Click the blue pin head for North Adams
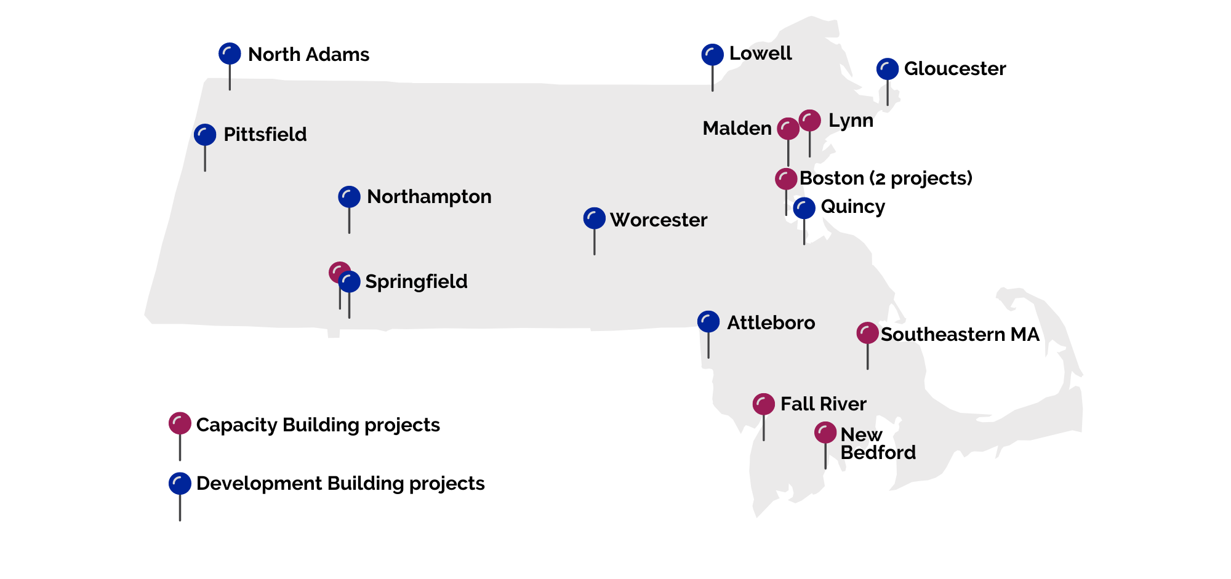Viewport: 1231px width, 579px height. [230, 54]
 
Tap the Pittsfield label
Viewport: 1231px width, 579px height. [265, 134]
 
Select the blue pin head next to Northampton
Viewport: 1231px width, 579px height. [349, 197]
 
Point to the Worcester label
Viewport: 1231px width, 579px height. [659, 220]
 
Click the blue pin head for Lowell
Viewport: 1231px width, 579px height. [712, 55]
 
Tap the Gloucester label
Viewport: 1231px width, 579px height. [955, 68]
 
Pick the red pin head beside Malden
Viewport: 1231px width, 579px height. [788, 129]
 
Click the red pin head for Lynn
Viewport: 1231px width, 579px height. [809, 121]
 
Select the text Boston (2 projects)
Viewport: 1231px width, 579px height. [886, 178]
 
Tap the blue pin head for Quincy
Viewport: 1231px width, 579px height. [804, 209]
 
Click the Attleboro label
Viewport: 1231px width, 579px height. [771, 322]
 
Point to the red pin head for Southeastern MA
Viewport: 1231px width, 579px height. [867, 333]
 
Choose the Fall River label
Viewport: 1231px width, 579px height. [823, 404]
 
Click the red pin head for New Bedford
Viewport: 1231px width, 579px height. [825, 433]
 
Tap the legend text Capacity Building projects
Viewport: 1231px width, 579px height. [318, 425]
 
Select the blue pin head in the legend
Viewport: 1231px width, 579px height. [180, 484]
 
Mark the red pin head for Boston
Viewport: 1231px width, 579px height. [786, 179]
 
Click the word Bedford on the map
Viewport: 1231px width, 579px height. [878, 452]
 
